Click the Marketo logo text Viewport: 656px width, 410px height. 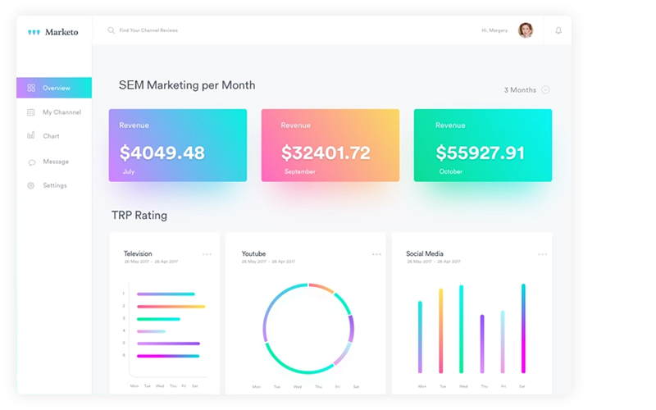pos(61,32)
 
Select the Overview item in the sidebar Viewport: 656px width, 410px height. pos(57,88)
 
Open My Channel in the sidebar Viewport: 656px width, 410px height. pos(61,112)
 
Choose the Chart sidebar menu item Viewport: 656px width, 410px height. pos(51,136)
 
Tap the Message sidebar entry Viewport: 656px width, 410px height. pos(56,162)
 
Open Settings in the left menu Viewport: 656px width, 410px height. pos(55,185)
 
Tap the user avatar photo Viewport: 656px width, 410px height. pos(526,30)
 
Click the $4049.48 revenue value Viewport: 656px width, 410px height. pos(162,153)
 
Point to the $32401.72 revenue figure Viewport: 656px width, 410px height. pos(326,153)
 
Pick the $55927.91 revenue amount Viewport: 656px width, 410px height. pos(480,153)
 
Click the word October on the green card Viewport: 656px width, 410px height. pos(450,172)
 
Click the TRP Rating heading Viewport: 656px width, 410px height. pos(139,216)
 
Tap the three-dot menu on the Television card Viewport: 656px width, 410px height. pos(207,254)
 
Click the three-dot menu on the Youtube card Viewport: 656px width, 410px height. pos(376,254)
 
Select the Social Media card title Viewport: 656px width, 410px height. pos(426,254)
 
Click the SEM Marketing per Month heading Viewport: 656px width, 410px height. pos(187,85)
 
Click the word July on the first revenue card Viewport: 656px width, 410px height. pos(129,172)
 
